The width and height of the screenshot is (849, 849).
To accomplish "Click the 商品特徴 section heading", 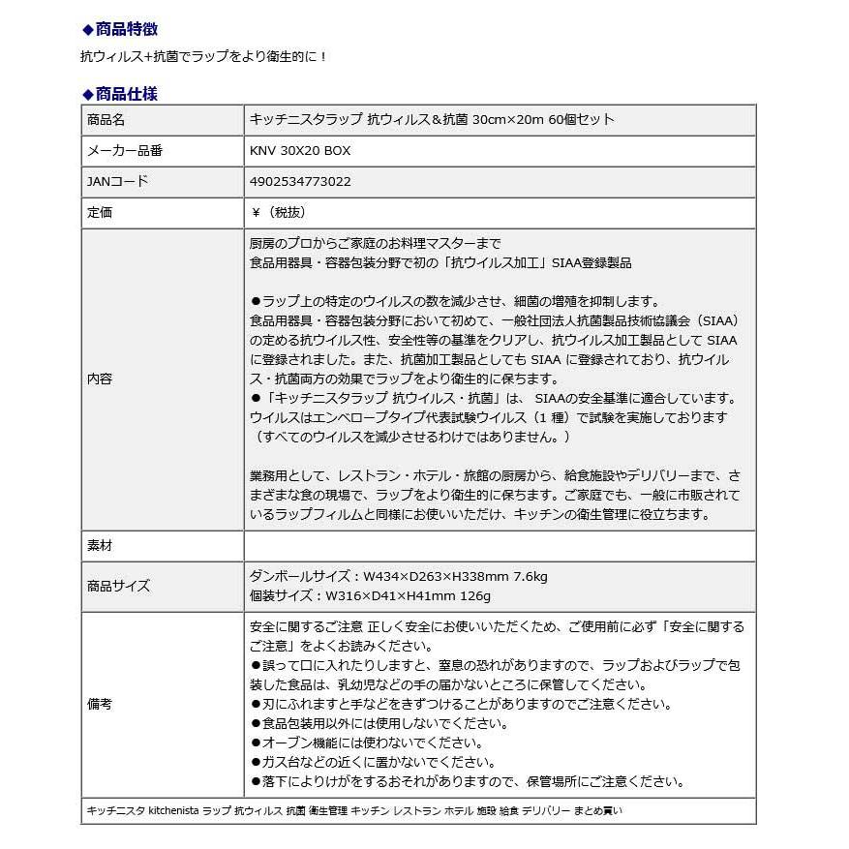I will tap(126, 29).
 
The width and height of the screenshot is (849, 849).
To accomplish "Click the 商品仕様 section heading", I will tap(126, 94).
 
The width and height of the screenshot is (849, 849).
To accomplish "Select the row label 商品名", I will tap(106, 120).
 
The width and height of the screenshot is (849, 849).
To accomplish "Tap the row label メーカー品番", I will tap(125, 151).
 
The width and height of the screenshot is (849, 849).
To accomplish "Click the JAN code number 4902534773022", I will tap(300, 181).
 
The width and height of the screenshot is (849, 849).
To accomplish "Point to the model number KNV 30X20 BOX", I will tap(300, 151).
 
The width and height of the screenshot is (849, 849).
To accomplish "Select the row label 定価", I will tap(100, 212).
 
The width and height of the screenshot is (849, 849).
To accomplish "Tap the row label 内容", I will tap(100, 379).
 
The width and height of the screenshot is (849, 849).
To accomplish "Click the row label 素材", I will tap(100, 546).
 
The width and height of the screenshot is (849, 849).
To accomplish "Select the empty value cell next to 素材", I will tap(499, 546).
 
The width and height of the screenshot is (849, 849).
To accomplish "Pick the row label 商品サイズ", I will tap(118, 586).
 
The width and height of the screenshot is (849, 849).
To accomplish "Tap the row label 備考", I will tap(100, 704).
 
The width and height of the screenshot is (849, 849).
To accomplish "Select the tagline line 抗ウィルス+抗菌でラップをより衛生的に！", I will tap(204, 57).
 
